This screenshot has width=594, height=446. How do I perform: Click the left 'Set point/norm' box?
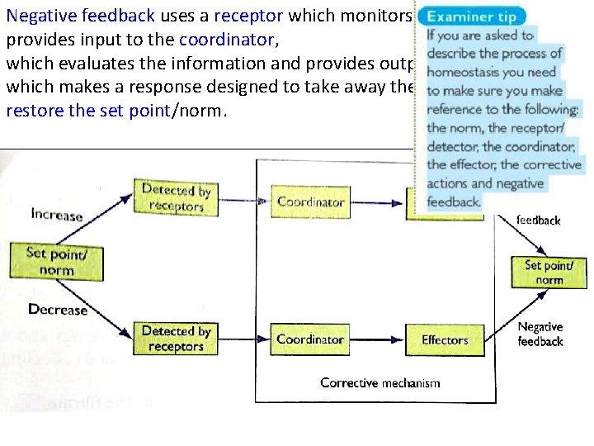[x=56, y=261]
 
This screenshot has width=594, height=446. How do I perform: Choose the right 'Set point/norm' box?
[x=549, y=272]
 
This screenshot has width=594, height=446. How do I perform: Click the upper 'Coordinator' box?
[x=310, y=202]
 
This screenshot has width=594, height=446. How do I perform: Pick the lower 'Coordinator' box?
[x=310, y=339]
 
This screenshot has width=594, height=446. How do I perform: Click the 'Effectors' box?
[x=445, y=339]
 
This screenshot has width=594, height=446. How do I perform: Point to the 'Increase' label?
[x=57, y=215]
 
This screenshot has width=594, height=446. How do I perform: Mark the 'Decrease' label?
[x=57, y=310]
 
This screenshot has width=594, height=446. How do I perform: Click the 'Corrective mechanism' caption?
[x=380, y=382]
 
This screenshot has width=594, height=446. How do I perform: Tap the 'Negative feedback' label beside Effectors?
[x=540, y=334]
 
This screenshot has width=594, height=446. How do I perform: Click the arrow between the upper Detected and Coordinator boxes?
[x=244, y=200]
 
